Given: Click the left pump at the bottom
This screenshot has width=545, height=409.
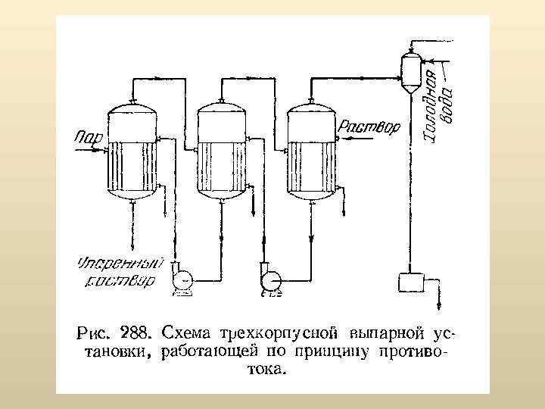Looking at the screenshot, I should (182, 278).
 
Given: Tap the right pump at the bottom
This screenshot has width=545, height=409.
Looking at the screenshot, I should (269, 279).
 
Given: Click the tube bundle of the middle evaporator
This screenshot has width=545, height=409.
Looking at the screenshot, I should (222, 167).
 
